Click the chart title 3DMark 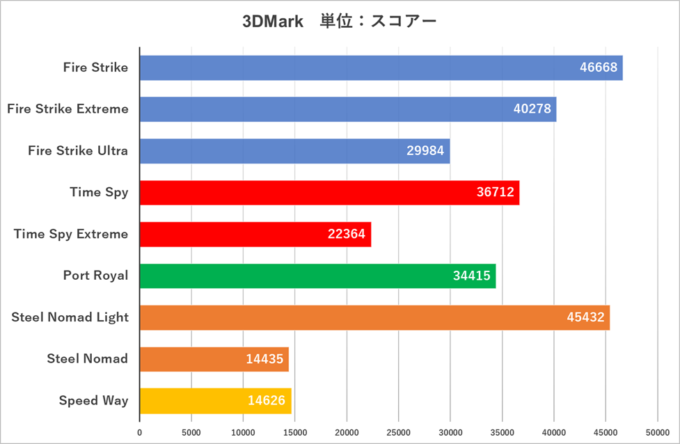(273, 22)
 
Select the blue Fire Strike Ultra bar (294, 151)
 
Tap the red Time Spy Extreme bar (255, 234)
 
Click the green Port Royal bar (317, 276)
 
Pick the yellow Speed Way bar (215, 401)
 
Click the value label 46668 (598, 68)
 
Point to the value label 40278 (532, 109)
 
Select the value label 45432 (585, 317)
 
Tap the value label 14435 (264, 359)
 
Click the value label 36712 (495, 193)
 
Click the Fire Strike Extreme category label (68, 109)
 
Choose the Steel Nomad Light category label (70, 317)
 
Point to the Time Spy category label (99, 192)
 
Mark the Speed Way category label (93, 401)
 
